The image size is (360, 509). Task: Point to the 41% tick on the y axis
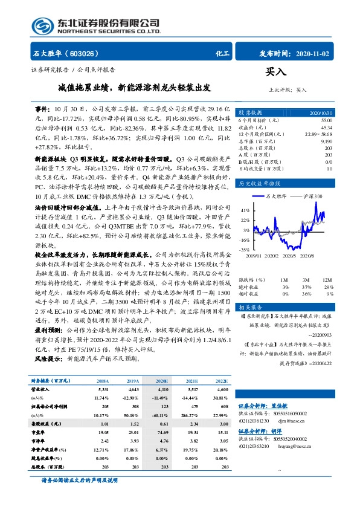246,210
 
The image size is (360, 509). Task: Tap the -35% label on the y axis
245,249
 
